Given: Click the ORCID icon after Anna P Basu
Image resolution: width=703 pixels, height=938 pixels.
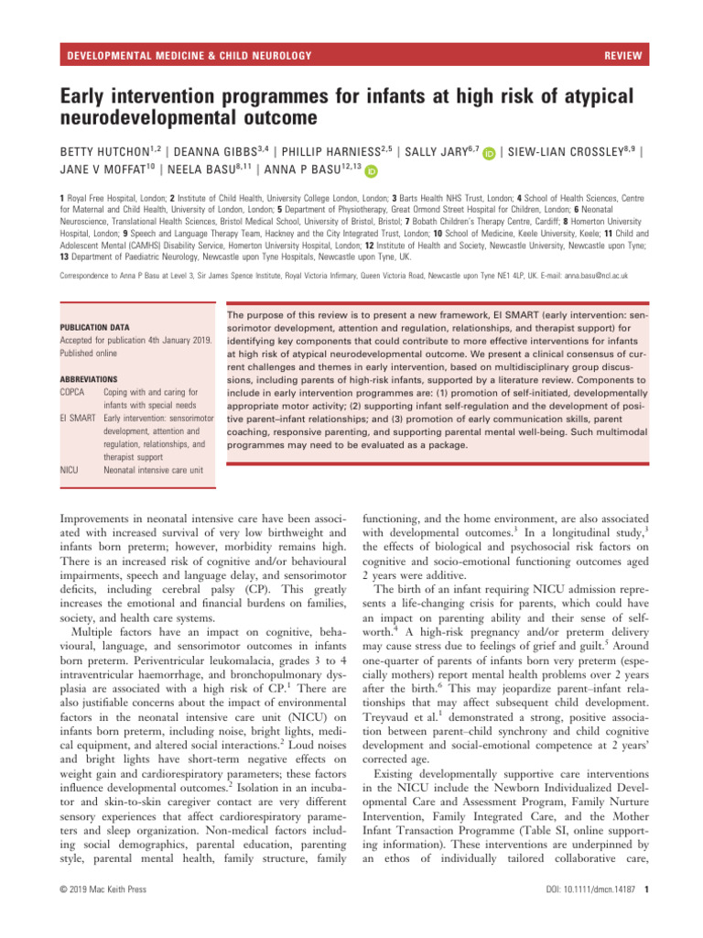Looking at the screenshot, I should pos(373,171).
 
